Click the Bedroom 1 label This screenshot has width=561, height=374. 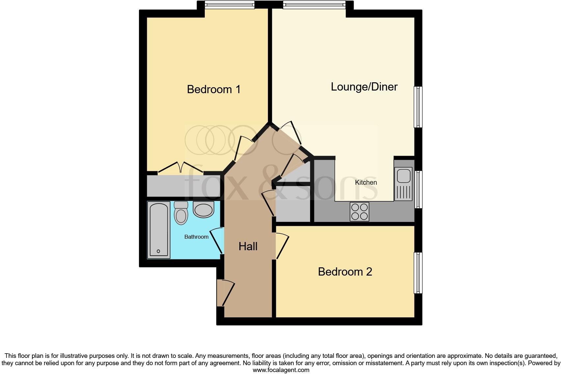pyautogui.click(x=214, y=89)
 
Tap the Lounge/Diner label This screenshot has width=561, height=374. pyautogui.click(x=364, y=87)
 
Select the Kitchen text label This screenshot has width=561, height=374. pyautogui.click(x=366, y=182)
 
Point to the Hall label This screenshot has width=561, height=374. pyautogui.click(x=248, y=246)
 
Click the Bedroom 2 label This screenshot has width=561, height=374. pyautogui.click(x=345, y=272)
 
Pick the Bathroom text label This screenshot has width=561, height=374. pyautogui.click(x=196, y=237)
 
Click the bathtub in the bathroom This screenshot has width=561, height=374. pyautogui.click(x=159, y=229)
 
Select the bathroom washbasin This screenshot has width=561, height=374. pyautogui.click(x=203, y=209)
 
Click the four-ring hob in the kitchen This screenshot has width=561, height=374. pyautogui.click(x=359, y=211)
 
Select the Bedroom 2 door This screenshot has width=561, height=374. pyautogui.click(x=282, y=246)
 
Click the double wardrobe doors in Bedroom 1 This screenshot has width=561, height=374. pyautogui.click(x=180, y=167)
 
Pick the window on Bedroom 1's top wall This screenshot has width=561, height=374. pyautogui.click(x=229, y=5)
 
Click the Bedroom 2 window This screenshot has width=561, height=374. pyautogui.click(x=418, y=273)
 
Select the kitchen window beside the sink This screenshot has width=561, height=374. pyautogui.click(x=418, y=189)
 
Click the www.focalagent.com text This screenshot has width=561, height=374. pyautogui.click(x=281, y=370)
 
